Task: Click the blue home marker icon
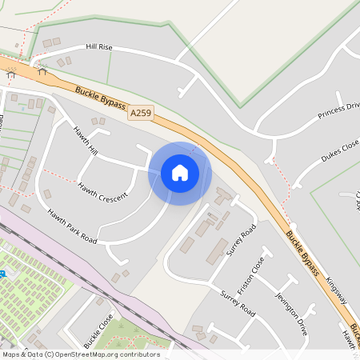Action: click(x=180, y=173)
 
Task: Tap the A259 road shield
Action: click(x=139, y=114)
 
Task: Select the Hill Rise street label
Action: click(x=99, y=48)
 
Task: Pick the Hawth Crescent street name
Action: click(x=102, y=190)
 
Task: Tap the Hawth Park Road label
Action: click(x=72, y=226)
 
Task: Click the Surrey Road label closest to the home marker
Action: click(x=241, y=240)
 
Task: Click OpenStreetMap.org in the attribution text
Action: click(x=101, y=354)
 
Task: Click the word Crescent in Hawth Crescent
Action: click(x=113, y=194)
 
